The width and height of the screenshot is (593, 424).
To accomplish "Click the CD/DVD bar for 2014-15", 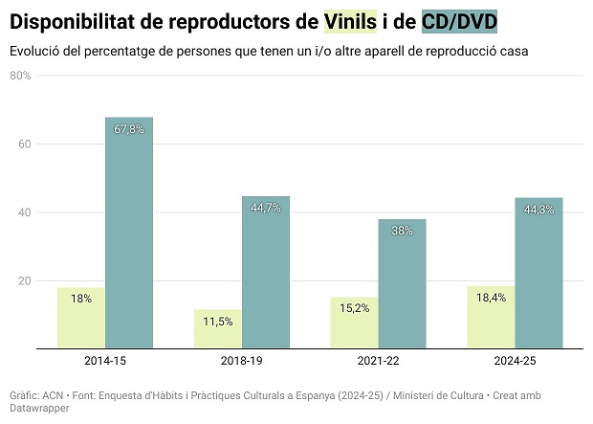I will pos(129,233).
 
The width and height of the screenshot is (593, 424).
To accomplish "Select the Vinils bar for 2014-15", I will pos(81,318).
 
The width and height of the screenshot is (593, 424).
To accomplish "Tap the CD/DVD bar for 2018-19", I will pos(266,272).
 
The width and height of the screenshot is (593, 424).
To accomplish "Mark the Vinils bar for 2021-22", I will pos(355,323).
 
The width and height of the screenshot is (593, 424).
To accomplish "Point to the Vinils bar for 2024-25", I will pos(492,317).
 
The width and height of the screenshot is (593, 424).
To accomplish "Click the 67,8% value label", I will pos(129,128).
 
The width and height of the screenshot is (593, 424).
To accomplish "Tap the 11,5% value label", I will pos(218,321).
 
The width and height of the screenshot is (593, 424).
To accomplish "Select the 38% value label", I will pos(403,230).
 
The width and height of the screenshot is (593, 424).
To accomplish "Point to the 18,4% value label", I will pos(492,298).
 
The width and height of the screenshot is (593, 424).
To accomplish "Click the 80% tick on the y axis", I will pos(20,76).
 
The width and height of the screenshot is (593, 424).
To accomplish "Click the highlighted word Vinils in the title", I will pos(350,20).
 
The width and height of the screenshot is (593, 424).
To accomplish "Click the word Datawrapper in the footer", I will pos(39,408).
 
